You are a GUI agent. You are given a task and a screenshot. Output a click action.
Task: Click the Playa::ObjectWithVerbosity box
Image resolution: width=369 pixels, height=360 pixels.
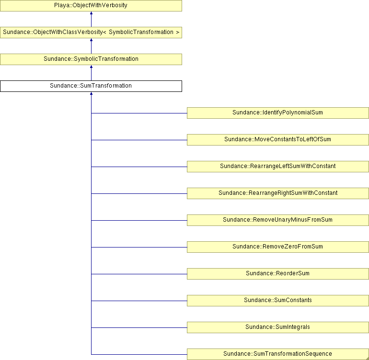91,6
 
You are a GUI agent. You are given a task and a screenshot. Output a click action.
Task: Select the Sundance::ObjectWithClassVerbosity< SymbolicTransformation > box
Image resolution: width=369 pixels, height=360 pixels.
91,33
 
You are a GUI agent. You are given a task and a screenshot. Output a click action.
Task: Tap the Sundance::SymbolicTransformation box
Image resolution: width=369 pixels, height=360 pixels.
91,59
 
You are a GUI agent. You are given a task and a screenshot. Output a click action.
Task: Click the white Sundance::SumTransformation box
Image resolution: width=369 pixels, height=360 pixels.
91,86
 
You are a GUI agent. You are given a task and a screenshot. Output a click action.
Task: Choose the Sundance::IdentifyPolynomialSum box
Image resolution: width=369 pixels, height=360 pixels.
277,113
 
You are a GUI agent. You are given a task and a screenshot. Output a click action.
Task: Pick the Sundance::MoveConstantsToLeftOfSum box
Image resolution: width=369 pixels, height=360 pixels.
277,140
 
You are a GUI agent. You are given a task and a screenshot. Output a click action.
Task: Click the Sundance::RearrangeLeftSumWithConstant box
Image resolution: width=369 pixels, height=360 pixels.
277,167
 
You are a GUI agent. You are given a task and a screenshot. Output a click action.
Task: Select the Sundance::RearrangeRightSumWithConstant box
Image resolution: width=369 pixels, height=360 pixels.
277,193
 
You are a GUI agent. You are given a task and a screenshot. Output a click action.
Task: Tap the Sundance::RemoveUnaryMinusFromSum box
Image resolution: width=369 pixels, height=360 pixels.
277,220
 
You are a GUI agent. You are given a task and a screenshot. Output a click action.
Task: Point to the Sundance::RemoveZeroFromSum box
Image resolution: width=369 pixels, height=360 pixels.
277,247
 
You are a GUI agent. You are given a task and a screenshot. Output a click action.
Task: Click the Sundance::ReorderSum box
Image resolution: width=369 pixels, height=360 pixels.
277,274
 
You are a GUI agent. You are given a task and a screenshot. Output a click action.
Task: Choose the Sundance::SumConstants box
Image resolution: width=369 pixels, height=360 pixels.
277,301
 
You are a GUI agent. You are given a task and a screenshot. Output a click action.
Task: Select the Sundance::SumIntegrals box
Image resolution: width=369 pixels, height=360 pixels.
277,327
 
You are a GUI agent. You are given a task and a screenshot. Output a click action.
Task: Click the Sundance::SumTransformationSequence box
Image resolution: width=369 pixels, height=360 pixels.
277,354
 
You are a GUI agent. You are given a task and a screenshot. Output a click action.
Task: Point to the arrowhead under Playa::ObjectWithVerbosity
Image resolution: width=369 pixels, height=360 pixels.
92,13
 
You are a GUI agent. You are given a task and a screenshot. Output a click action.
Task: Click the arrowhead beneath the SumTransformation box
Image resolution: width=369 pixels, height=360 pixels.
92,93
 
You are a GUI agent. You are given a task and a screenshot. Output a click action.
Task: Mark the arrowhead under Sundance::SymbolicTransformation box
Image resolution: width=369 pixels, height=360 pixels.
92,67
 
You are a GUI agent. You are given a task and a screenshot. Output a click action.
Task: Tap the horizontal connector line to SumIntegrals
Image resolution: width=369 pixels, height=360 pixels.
139,327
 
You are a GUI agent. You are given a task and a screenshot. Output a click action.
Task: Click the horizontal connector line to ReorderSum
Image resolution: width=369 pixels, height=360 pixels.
139,274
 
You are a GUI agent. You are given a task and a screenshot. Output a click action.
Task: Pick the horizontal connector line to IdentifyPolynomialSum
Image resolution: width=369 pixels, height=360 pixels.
139,113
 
